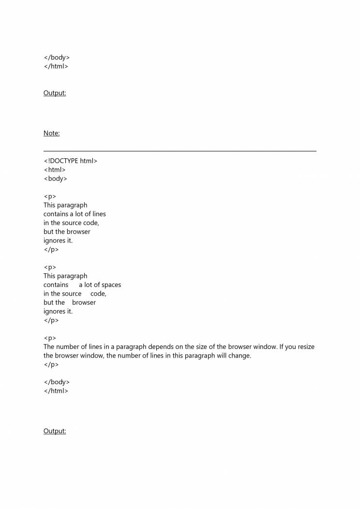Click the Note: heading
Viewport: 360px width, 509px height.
51,133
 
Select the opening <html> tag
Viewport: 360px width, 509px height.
54,170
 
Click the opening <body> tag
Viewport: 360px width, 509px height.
55,179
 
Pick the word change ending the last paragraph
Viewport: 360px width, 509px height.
240,356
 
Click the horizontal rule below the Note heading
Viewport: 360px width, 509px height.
180,151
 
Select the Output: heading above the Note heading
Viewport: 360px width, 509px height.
55,93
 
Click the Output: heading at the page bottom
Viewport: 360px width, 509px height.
55,431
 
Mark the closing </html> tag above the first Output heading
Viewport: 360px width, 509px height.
56,66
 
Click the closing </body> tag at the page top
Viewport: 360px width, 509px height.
57,58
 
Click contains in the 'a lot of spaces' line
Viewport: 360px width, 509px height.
56,285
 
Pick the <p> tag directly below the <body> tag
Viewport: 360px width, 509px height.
49,196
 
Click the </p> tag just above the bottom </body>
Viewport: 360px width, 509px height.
51,364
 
